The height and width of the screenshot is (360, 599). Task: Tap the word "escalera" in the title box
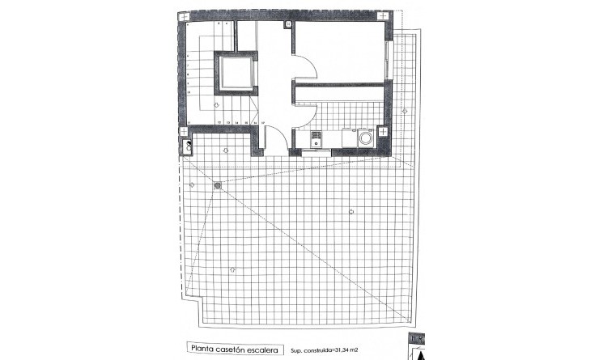pos(272,349)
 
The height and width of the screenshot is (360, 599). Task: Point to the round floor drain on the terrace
pos(217,185)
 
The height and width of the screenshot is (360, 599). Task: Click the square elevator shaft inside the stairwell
pos(236,72)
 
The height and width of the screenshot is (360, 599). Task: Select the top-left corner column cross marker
pos(186,16)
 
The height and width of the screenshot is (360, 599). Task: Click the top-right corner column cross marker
pos(384,16)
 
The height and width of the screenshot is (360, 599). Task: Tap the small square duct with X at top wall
pos(288,24)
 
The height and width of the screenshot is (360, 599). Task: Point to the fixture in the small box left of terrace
pos(188,146)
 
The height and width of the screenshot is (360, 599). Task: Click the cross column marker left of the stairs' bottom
pos(185,130)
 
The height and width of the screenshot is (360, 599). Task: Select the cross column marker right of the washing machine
pos(384,131)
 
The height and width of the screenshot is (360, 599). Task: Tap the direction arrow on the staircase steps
pos(216,106)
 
